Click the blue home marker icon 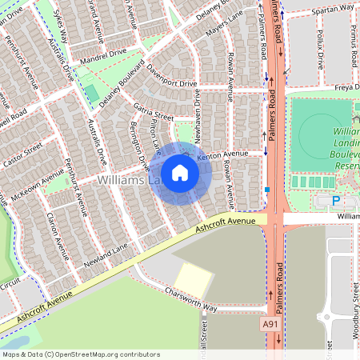(x=180, y=173)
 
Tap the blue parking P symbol (x=336, y=201)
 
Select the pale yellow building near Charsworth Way (x=193, y=278)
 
